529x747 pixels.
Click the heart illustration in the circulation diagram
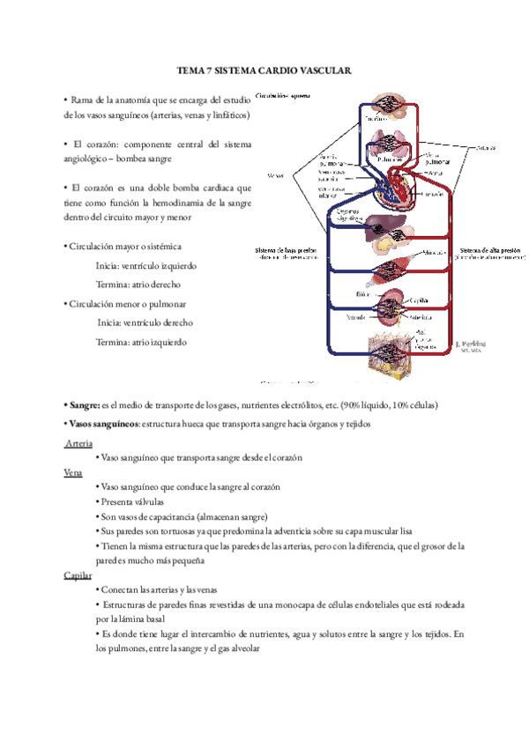pos(394,184)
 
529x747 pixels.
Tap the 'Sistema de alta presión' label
pos(486,252)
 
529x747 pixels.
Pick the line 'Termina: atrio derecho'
pos(146,284)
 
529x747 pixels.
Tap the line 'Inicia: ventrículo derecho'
pos(146,322)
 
